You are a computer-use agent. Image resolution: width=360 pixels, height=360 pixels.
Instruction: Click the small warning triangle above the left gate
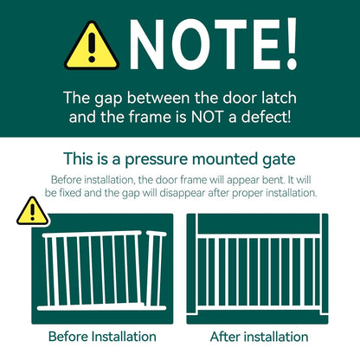33,210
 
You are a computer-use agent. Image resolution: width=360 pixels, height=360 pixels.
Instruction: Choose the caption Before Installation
91,336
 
